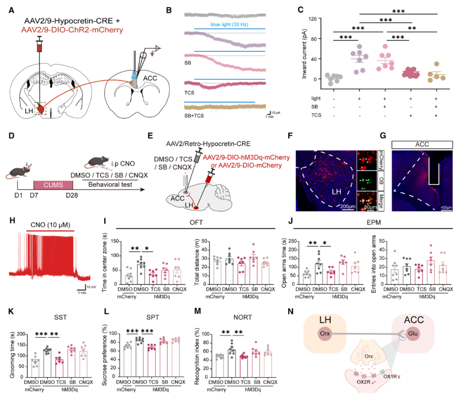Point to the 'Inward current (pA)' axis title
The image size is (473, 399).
pyautogui.click(x=305, y=50)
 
